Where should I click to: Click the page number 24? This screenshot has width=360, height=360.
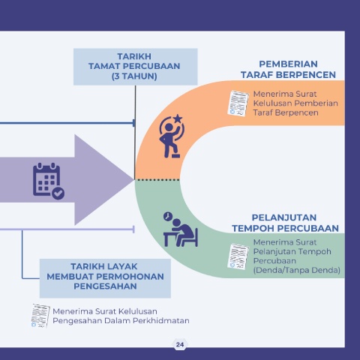[180, 345]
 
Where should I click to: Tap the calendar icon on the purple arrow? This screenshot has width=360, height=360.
[49, 181]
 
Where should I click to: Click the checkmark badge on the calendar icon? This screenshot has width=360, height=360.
[58, 193]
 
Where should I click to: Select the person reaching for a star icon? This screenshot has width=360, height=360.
[172, 136]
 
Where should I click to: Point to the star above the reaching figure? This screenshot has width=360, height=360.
[178, 118]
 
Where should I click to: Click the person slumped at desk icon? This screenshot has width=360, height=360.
[181, 229]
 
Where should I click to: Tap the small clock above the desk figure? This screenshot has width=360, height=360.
[168, 217]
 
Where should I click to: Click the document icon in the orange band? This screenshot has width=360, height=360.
[238, 103]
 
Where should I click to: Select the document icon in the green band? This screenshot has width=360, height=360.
[238, 256]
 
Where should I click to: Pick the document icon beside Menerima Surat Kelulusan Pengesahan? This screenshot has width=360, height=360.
[40, 316]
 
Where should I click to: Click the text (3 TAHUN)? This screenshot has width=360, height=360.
[134, 76]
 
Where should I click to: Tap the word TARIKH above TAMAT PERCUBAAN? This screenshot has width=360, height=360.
[134, 56]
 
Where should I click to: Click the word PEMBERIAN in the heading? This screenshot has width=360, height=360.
[288, 64]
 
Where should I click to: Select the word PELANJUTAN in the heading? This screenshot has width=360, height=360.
[284, 217]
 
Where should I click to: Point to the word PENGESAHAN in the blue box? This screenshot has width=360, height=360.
[105, 286]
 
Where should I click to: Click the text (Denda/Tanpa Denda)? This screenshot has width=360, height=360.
[296, 270]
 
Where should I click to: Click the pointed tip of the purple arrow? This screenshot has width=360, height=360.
[133, 179]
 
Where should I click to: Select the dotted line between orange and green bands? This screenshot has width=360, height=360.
[157, 180]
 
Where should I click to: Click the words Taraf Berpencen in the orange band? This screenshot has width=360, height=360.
[286, 112]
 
